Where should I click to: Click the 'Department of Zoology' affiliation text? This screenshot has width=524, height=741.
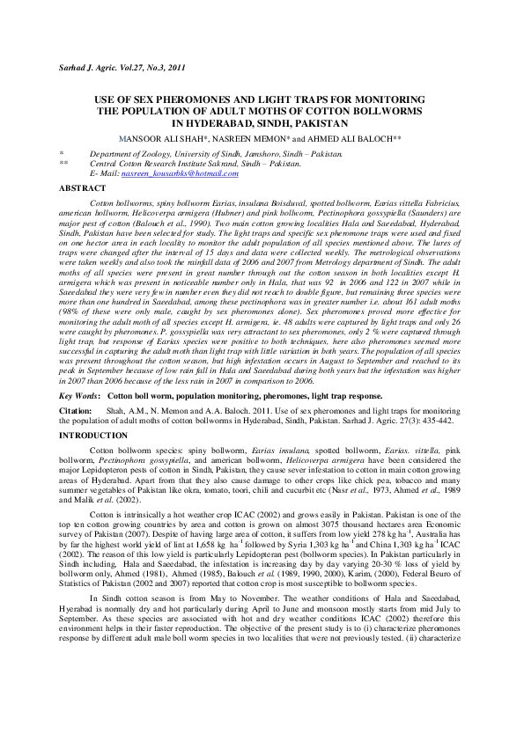pos(128,153)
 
